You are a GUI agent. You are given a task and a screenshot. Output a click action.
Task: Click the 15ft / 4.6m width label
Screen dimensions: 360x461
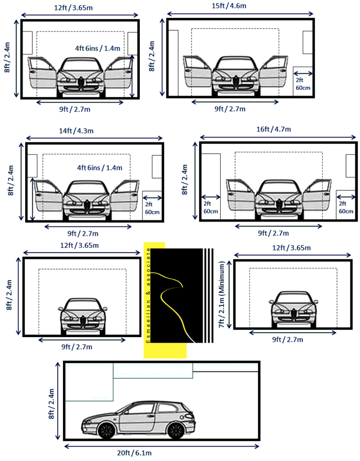coord(229,5)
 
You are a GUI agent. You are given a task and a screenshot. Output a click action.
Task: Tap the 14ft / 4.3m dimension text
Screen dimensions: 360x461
coord(76,131)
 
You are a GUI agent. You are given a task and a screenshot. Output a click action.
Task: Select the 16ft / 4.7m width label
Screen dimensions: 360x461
coord(273,129)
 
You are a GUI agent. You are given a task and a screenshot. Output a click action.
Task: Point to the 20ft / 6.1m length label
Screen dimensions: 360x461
coord(134,453)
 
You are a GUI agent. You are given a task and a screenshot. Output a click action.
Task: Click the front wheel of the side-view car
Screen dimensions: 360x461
coord(106,430)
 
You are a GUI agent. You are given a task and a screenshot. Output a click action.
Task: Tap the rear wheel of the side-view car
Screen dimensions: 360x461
coord(175,430)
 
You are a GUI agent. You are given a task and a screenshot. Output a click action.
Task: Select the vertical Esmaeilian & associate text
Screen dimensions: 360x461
coord(148,295)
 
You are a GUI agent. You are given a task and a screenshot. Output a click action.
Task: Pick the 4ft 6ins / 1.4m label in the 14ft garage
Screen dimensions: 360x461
coord(100,168)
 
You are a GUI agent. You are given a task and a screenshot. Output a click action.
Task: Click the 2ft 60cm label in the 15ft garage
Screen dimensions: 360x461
coord(303,84)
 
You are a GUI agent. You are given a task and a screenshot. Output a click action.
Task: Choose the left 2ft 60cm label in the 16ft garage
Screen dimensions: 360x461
coord(211,207)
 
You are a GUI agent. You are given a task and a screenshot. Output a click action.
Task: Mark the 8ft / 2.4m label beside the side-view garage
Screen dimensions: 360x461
coord(51,404)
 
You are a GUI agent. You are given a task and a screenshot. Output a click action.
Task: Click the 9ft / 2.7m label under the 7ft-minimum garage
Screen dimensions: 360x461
coord(287,339)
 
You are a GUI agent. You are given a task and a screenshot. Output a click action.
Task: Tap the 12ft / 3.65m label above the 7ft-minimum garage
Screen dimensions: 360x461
coord(292,248)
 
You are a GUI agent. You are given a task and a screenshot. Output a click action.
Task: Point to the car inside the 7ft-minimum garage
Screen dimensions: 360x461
coord(293,309)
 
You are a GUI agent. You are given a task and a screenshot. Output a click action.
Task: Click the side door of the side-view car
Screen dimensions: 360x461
coord(137,417)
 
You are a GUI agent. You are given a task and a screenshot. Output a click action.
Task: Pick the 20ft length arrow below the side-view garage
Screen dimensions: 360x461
coord(162,446)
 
